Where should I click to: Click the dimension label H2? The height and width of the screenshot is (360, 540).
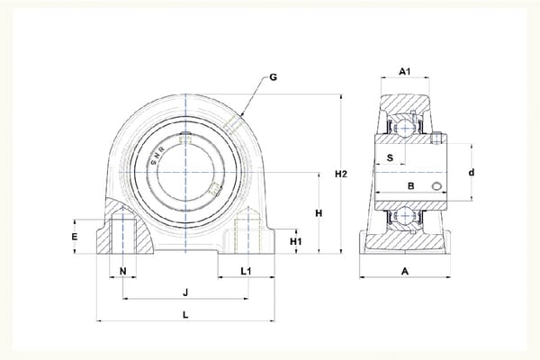[341, 175]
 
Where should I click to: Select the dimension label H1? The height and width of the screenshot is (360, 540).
[295, 242]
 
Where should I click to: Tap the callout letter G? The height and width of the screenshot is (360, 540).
[273, 77]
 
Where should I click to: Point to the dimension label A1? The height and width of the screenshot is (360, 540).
[405, 72]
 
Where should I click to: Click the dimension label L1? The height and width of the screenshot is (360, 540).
[246, 272]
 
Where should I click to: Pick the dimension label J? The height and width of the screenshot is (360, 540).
[185, 292]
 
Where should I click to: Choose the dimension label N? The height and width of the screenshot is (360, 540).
[123, 272]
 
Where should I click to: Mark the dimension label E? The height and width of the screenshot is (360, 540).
[75, 237]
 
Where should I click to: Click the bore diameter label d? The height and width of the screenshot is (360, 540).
[472, 172]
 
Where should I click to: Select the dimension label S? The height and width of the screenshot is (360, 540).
[390, 157]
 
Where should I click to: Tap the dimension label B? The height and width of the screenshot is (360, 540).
[411, 186]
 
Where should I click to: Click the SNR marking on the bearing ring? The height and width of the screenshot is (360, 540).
[157, 156]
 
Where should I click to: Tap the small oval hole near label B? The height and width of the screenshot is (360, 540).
[436, 186]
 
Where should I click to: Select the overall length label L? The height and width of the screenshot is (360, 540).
[185, 314]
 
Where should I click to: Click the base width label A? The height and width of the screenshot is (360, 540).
[405, 272]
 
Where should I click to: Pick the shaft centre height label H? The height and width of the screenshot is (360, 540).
[319, 213]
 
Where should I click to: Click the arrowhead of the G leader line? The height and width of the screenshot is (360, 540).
[242, 114]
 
